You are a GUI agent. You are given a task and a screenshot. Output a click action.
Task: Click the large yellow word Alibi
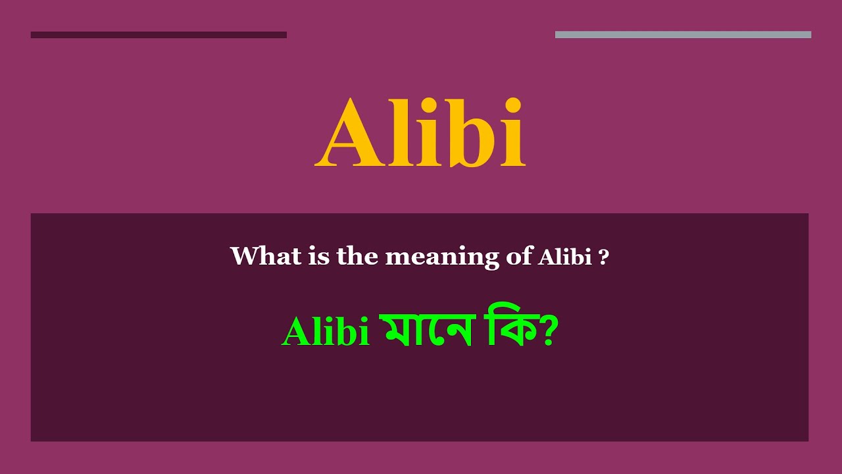[x=420, y=134]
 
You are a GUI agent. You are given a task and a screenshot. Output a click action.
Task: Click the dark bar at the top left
[x=159, y=35]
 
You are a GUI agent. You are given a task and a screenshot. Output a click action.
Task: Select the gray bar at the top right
[x=683, y=35]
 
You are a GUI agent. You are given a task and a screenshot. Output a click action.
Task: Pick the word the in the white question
[x=357, y=255]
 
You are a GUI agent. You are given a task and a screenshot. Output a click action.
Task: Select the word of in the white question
[x=518, y=257]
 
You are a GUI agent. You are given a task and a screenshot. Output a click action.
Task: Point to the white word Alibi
[x=565, y=257]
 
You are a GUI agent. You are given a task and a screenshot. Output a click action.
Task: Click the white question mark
[x=603, y=257]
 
